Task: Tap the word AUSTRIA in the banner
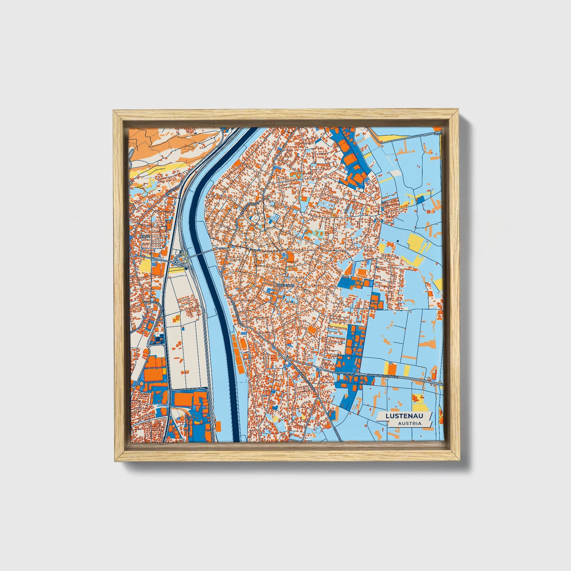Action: (409, 423)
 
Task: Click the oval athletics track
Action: (360, 272)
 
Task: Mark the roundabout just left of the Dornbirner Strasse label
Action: (358, 373)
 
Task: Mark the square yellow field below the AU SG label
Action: (145, 265)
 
